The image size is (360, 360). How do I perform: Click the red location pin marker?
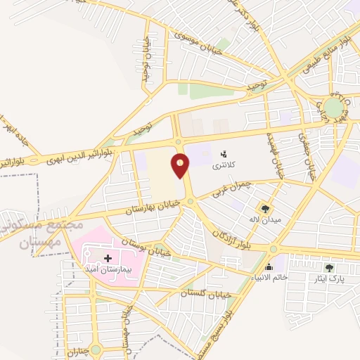click(181, 166)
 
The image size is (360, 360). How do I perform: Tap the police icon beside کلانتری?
click(224, 154)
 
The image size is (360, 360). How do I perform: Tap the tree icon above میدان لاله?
click(265, 208)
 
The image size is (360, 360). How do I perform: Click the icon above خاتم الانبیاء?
click(269, 266)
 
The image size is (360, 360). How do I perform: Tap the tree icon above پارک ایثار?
click(329, 267)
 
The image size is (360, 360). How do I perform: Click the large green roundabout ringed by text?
click(335, 108)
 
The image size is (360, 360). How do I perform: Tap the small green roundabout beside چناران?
click(95, 348)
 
